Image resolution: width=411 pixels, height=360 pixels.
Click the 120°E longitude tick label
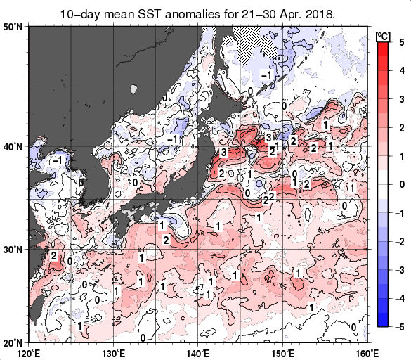tap(28, 352)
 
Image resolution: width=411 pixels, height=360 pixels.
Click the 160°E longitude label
tap(367, 352)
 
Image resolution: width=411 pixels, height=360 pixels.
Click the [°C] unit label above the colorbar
tap(383, 35)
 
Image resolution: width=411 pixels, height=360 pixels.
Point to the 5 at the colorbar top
tap(400, 41)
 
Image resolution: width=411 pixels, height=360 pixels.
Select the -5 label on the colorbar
tap(398, 327)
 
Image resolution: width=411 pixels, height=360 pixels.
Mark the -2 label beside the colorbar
tap(398, 241)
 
